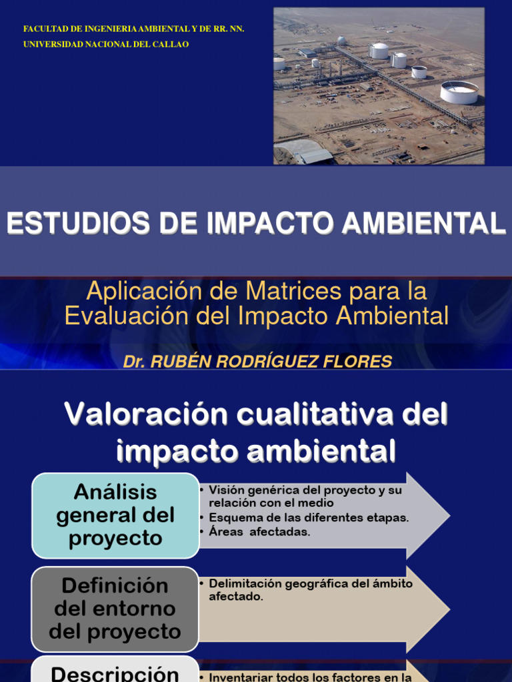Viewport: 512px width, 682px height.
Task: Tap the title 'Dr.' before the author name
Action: (134, 362)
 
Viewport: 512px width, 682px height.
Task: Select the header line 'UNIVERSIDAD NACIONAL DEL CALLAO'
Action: (106, 44)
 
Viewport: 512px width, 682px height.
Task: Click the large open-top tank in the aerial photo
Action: (459, 91)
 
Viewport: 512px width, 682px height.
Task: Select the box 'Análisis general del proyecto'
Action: (115, 515)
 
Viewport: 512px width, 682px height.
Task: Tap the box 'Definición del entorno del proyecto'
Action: (115, 609)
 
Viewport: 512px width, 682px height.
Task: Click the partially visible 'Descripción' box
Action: (115, 671)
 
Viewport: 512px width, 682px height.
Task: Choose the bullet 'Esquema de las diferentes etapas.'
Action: (309, 517)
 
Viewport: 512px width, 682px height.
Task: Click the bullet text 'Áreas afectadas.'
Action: (259, 531)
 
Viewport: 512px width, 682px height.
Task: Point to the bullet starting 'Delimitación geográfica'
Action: (310, 590)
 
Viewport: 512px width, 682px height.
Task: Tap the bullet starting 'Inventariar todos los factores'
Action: (310, 677)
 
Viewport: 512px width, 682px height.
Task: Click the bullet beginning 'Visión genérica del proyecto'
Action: (305, 496)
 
